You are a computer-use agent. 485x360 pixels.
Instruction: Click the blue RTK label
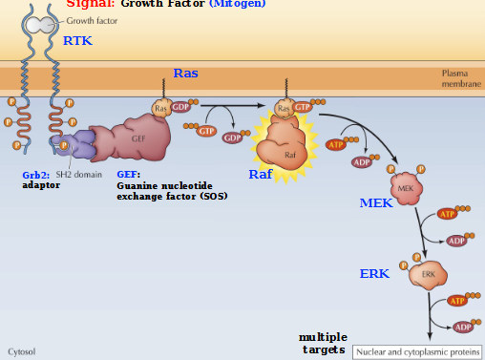point(78,41)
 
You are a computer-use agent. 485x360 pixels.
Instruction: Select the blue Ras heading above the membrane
point(186,73)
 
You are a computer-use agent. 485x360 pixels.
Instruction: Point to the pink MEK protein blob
point(405,188)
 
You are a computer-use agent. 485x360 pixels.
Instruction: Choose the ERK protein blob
point(428,275)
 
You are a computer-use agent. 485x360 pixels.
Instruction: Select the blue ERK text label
point(373,274)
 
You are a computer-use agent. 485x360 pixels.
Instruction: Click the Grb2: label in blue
point(37,176)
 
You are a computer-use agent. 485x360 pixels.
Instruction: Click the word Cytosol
point(23,351)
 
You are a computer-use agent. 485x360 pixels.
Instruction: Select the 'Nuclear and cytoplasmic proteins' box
point(416,351)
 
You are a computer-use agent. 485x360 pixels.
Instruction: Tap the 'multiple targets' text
point(323,344)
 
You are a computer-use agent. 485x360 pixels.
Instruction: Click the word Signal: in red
point(90,4)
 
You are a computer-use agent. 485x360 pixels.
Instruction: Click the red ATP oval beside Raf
point(335,144)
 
